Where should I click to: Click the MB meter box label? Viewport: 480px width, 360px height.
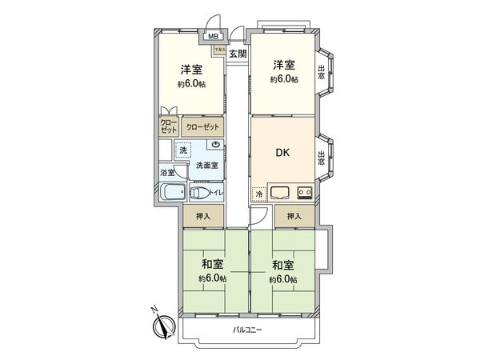[213, 36]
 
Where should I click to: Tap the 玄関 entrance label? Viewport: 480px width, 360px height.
[237, 54]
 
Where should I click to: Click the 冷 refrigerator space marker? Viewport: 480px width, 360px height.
[259, 194]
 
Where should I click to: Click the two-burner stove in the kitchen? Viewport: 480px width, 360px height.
[305, 192]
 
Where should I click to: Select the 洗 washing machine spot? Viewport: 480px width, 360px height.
[183, 150]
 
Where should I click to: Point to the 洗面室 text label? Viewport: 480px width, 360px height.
[207, 165]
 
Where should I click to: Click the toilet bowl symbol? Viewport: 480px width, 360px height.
[199, 193]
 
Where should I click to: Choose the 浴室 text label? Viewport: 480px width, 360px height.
[167, 172]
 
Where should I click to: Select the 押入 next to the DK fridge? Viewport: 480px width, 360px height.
[294, 215]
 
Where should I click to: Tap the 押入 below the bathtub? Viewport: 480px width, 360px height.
[202, 215]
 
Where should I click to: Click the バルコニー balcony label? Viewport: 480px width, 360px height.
[249, 330]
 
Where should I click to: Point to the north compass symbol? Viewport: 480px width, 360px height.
[166, 324]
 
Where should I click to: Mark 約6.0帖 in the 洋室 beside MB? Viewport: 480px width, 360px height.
[192, 83]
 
